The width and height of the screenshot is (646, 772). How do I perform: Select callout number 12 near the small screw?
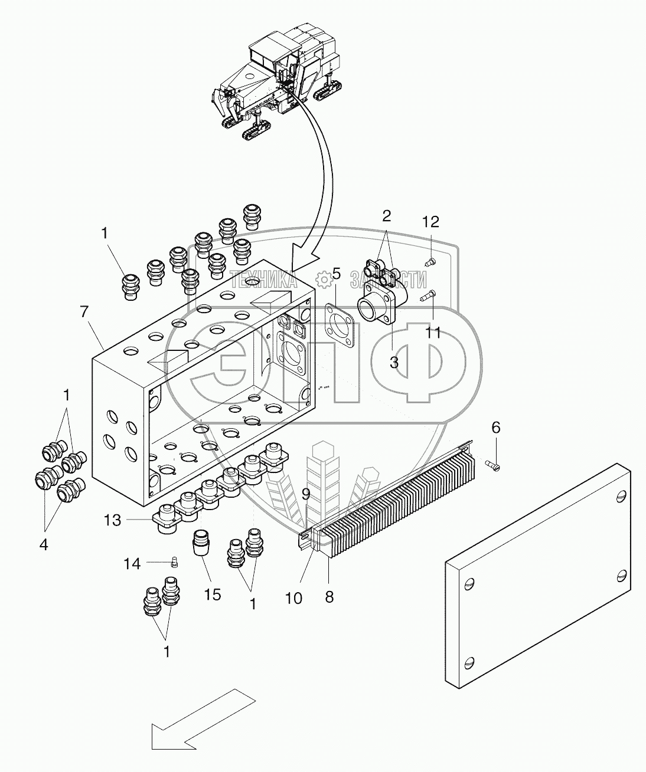point(431,222)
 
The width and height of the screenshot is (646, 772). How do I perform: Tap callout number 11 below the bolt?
point(433,333)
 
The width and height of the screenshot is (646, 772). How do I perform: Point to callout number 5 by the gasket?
point(336,273)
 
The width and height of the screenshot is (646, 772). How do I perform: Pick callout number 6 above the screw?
point(496,428)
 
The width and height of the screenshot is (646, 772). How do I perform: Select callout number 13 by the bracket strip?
point(113,520)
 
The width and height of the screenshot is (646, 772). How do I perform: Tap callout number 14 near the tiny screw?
point(132,564)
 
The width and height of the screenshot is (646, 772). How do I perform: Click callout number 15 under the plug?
point(212,594)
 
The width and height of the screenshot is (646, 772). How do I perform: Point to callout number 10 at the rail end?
point(293,598)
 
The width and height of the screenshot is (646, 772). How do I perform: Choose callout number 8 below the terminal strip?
point(329,597)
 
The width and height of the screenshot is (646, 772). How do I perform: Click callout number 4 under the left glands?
point(44,544)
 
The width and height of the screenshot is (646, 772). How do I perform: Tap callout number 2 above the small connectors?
point(386,215)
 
